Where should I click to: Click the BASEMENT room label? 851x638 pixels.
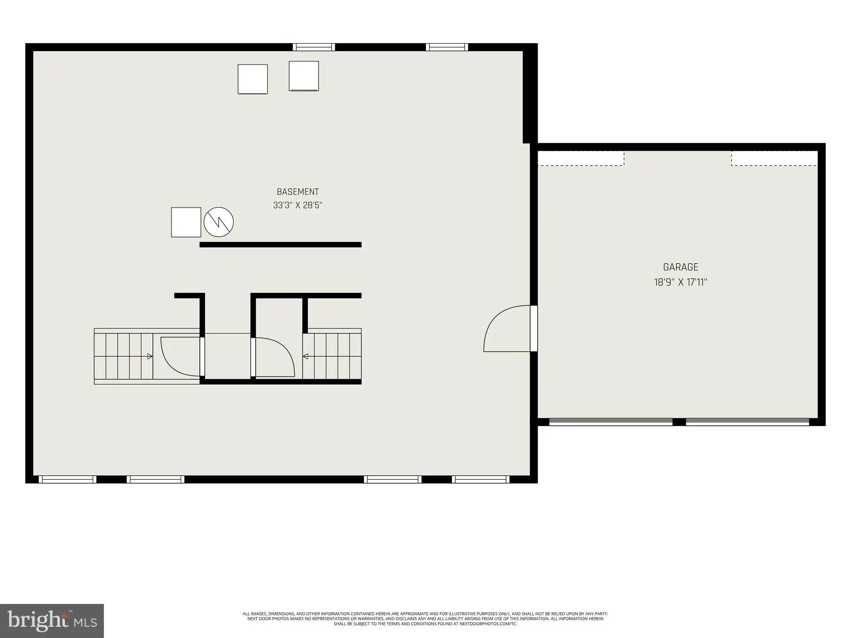[298, 192]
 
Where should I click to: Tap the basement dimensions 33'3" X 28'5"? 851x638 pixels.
[298, 205]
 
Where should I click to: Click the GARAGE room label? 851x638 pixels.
[681, 267]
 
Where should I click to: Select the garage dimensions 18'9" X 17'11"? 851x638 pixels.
[681, 282]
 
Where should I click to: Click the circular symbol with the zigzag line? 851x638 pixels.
[219, 222]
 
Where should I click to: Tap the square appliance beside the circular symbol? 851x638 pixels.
[186, 222]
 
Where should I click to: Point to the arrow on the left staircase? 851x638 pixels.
[150, 356]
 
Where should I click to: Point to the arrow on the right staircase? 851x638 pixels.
[305, 356]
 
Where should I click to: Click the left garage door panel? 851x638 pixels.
[611, 422]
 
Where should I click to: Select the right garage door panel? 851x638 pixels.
[747, 422]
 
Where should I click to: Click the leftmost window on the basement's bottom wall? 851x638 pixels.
[67, 479]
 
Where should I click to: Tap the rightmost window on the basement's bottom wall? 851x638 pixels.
[481, 479]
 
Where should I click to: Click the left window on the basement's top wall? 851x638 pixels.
[314, 47]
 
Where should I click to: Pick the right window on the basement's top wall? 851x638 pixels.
[447, 47]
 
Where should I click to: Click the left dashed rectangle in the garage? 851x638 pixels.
[581, 158]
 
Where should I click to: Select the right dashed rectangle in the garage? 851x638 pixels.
[775, 158]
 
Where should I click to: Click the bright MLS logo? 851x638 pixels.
[52, 621]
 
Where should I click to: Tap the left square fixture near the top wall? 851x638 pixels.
[253, 79]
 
